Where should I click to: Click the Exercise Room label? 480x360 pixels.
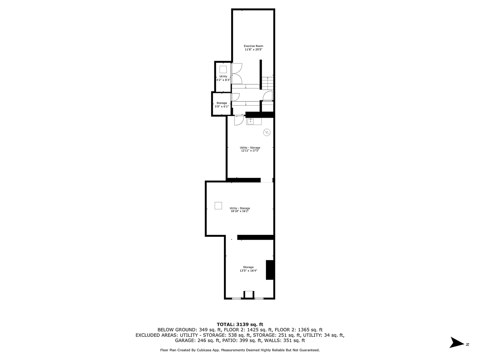tap(254, 46)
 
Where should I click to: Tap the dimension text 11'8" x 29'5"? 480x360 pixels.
tap(254, 50)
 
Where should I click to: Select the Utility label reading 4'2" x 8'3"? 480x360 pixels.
tap(223, 76)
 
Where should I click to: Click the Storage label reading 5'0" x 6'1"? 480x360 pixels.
tap(222, 103)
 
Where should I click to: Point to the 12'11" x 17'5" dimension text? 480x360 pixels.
tap(250, 151)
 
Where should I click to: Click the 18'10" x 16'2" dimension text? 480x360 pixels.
tap(240, 211)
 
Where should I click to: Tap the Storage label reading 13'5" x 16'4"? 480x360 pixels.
tap(248, 267)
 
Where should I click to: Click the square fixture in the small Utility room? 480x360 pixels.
tap(223, 69)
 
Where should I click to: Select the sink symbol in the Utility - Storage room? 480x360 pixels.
tap(251, 121)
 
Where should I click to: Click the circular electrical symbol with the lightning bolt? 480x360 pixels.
tap(267, 132)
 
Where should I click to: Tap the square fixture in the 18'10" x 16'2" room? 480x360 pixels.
tap(218, 206)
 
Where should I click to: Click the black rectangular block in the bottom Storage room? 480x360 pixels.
tap(270, 270)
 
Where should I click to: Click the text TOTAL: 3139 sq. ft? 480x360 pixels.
tap(240, 324)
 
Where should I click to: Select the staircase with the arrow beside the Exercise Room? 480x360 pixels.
tap(268, 83)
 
